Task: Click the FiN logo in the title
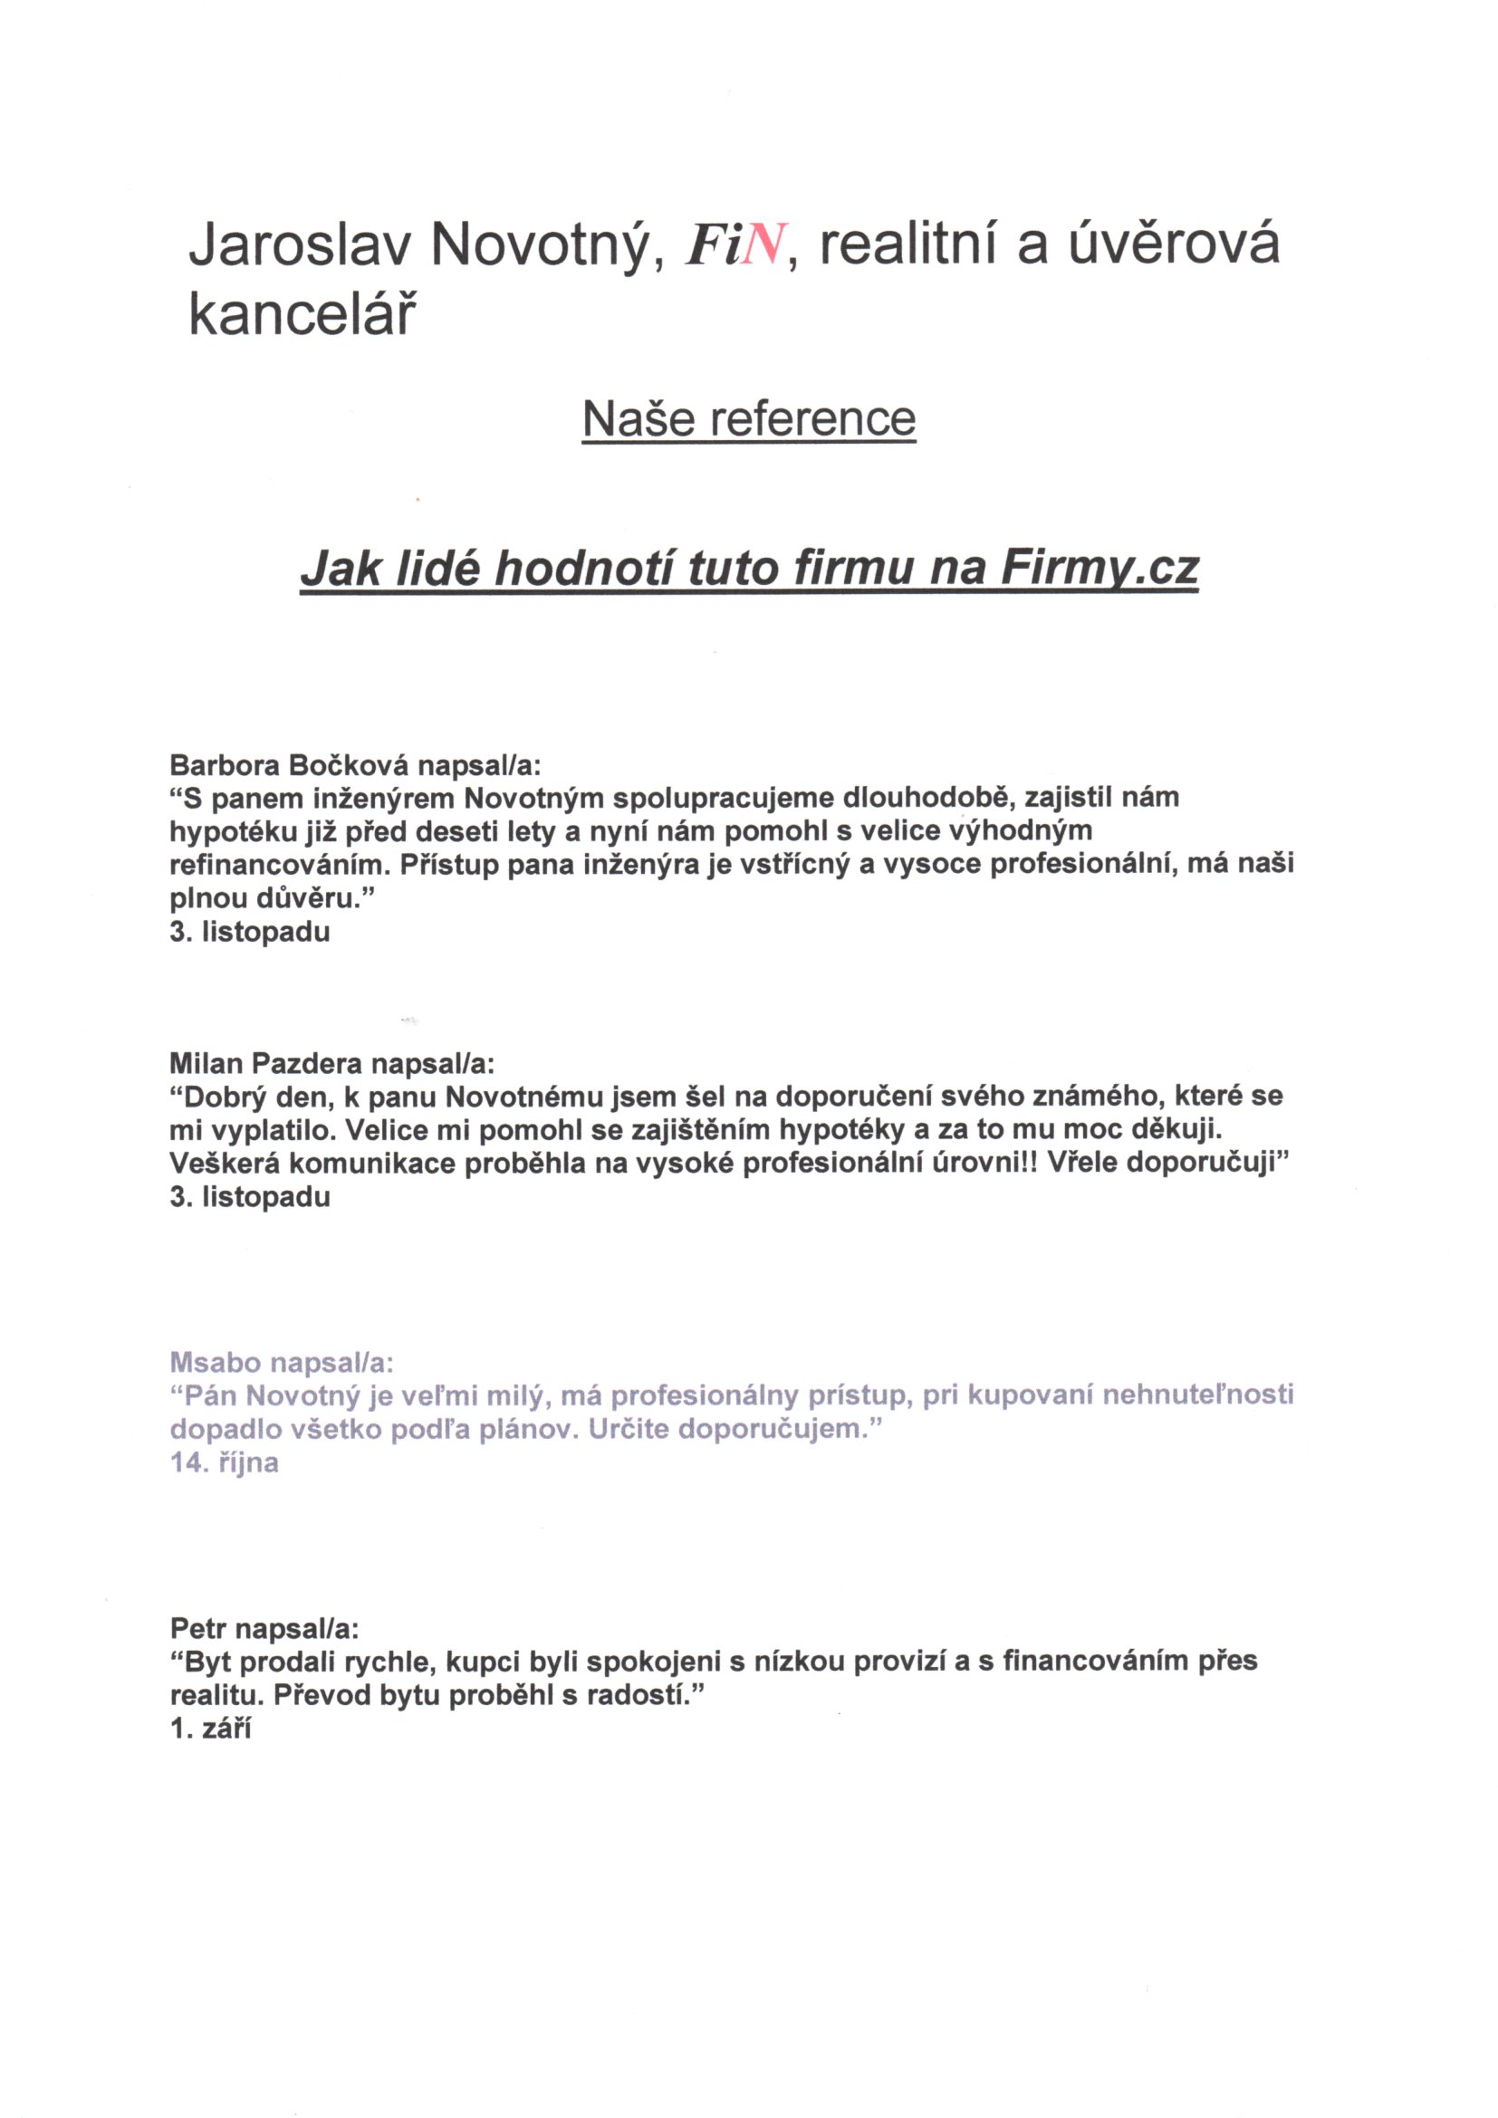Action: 735,247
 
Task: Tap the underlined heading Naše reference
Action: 748,419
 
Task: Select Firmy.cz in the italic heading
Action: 1099,569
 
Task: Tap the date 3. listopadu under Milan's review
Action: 250,1197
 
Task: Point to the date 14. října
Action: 224,1463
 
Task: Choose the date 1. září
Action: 210,1729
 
